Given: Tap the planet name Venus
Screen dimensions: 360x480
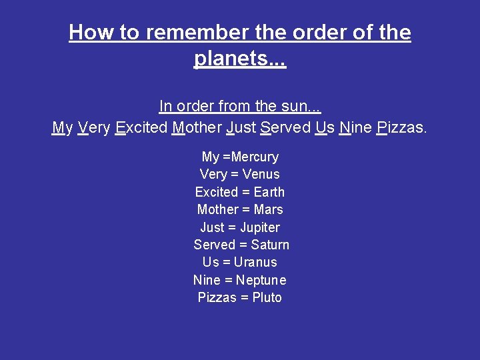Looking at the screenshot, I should coord(261,175).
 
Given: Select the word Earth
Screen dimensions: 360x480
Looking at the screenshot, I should coord(269,192).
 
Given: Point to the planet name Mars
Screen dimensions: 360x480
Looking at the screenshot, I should coord(269,209).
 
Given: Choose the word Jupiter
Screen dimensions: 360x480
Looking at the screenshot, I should coord(260,227).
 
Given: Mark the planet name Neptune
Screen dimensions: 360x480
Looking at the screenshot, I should coord(261,280).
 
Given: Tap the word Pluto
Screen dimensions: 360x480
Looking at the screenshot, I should coord(267,297).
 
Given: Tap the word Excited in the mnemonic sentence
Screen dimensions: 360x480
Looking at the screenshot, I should coord(141,127).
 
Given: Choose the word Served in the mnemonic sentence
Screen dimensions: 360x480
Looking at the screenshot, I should coord(285,127).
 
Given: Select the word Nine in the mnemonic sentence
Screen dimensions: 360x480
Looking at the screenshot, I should coord(355,127).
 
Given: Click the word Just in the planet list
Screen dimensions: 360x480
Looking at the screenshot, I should coord(212,227).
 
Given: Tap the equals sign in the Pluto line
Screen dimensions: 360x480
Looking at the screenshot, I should coord(241,297).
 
